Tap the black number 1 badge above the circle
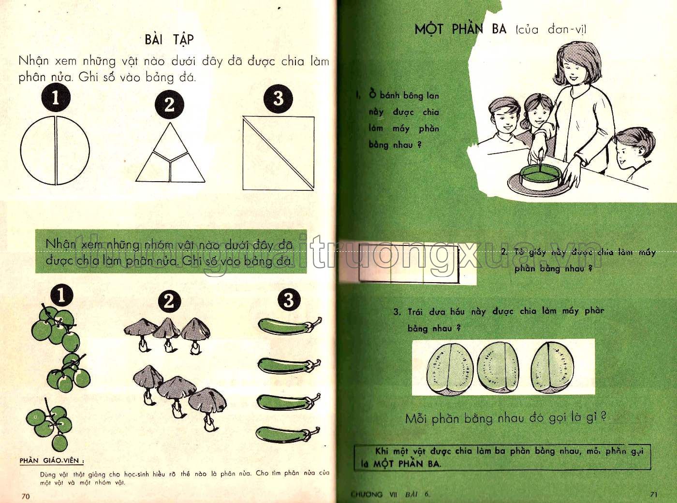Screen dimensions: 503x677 click(56, 98)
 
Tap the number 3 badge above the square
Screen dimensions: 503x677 click(278, 99)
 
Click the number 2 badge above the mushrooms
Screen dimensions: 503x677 click(169, 302)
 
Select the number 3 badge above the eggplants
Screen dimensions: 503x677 click(289, 300)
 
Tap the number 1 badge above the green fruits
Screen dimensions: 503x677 click(61, 295)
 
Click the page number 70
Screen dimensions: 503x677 click(26, 496)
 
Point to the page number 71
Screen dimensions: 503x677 click(653, 494)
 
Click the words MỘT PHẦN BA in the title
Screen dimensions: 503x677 click(460, 29)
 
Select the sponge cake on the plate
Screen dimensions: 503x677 click(541, 176)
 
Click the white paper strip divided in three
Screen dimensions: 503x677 click(409, 264)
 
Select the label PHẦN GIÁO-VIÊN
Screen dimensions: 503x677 click(51, 460)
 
